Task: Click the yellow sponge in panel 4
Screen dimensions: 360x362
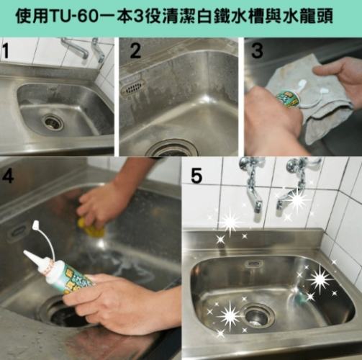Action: coord(94,229)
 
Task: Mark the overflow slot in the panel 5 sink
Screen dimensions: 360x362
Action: coord(253,264)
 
